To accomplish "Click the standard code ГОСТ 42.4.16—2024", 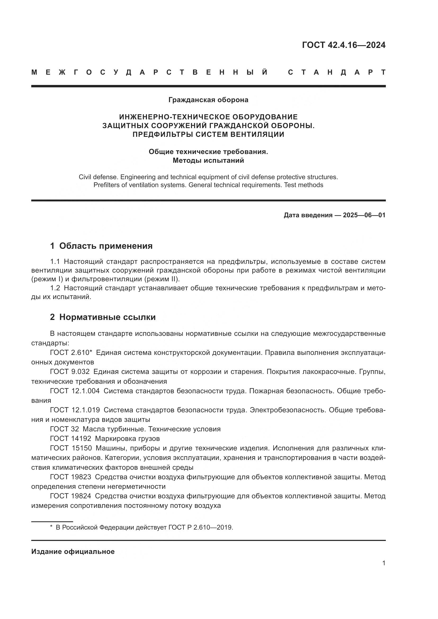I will click(x=344, y=45).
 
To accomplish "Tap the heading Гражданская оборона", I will click(x=208, y=100).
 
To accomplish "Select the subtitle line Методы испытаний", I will click(x=208, y=160).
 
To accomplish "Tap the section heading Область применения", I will click(x=106, y=246).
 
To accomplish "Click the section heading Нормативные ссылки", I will click(x=107, y=317).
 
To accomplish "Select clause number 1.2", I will click(x=55, y=288).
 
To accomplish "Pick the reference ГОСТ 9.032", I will click(x=70, y=372).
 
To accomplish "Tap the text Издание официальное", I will click(x=73, y=552).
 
